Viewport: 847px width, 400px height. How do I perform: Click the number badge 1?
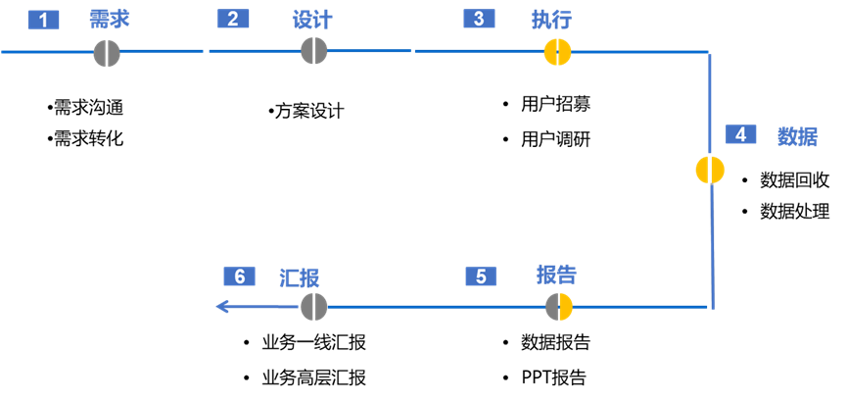43,20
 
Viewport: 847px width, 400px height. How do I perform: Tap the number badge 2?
233,19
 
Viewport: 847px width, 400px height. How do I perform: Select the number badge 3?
479,19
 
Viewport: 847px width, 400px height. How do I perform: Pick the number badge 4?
741,134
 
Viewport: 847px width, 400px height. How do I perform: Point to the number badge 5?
481,276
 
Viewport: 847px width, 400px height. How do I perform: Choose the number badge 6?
239,276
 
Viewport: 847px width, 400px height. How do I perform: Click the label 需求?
110,20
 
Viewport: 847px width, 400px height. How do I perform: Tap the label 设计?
312,20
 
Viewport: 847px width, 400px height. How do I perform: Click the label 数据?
797,136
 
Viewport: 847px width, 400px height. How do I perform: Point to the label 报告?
556,274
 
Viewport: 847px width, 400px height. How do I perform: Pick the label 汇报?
300,277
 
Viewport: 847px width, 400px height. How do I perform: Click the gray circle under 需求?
107,53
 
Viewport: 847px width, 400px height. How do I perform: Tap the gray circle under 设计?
313,51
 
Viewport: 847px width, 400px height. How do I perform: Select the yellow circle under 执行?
557,52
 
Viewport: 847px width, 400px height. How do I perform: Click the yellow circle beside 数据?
710,170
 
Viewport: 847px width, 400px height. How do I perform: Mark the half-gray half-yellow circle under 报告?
559,307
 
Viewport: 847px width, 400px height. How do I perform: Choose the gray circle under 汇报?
313,307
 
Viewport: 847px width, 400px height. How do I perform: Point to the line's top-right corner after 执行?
709,52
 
